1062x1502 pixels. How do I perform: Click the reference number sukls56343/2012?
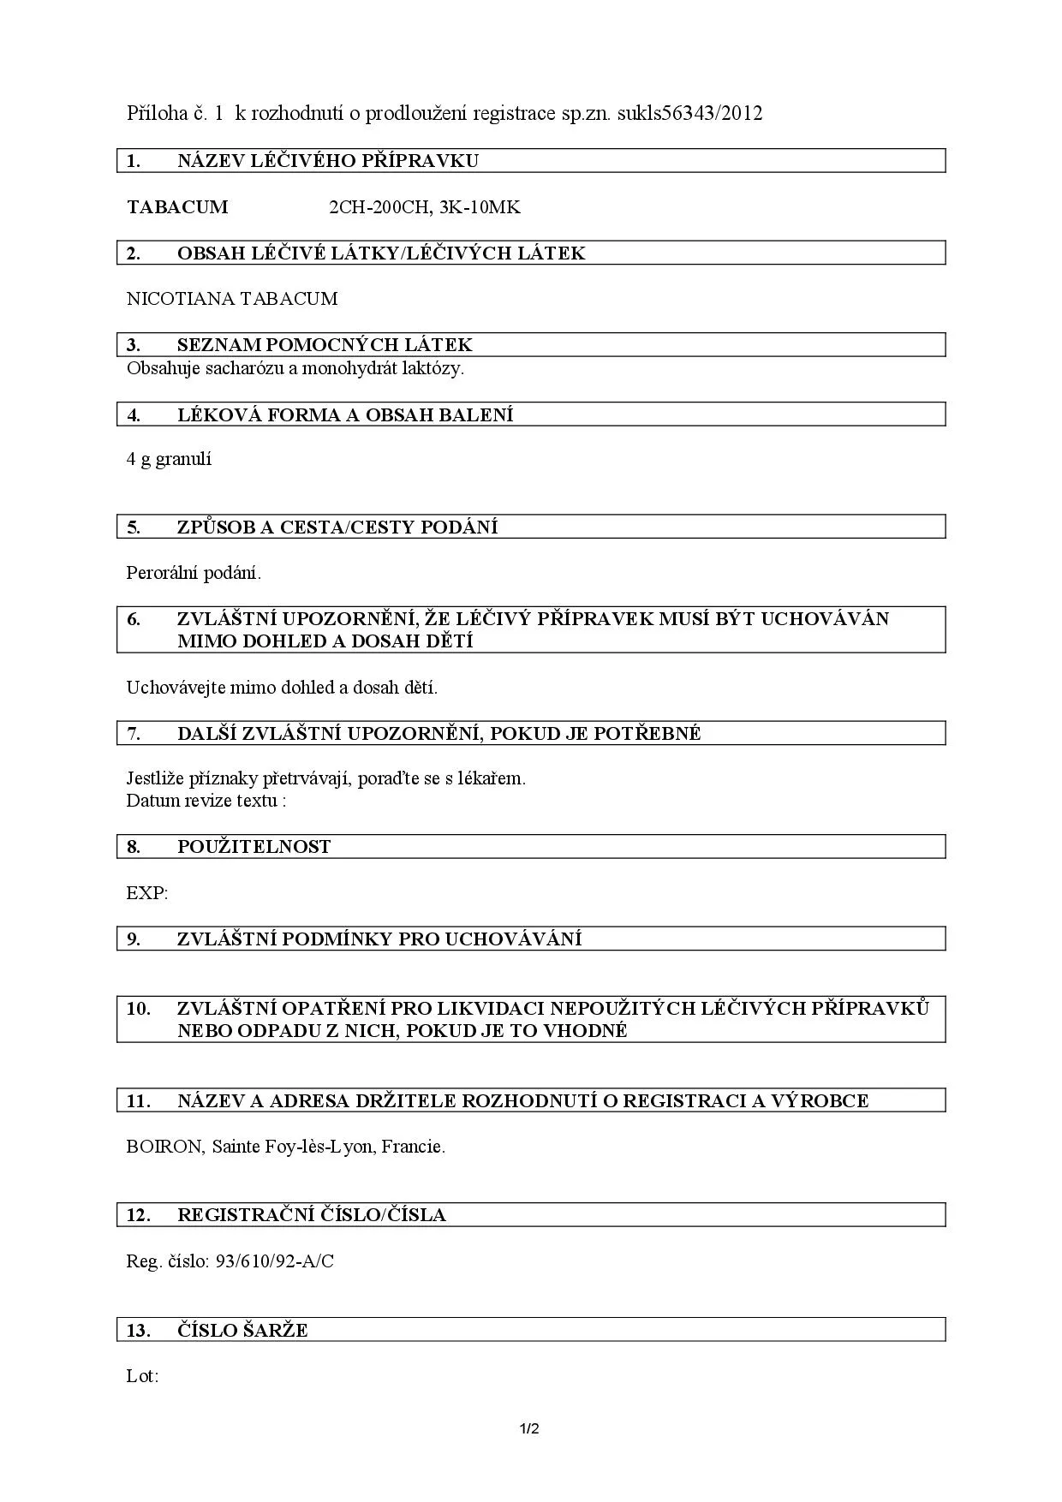click(689, 113)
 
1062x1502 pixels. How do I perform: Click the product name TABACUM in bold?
click(177, 207)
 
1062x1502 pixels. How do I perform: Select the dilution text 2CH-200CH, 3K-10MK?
click(425, 207)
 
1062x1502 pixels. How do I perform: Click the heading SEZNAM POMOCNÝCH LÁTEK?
click(325, 345)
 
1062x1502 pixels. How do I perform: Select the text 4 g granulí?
click(170, 459)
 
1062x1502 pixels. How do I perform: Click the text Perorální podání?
click(194, 573)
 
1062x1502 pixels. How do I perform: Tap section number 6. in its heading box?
click(134, 619)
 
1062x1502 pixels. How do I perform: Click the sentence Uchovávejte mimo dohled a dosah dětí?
click(282, 688)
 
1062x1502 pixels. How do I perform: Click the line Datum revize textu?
click(206, 801)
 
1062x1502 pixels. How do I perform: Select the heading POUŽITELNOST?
click(254, 847)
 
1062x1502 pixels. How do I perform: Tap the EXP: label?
click(147, 893)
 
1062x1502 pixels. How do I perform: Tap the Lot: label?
click(142, 1377)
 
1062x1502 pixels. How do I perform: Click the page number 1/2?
click(529, 1428)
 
